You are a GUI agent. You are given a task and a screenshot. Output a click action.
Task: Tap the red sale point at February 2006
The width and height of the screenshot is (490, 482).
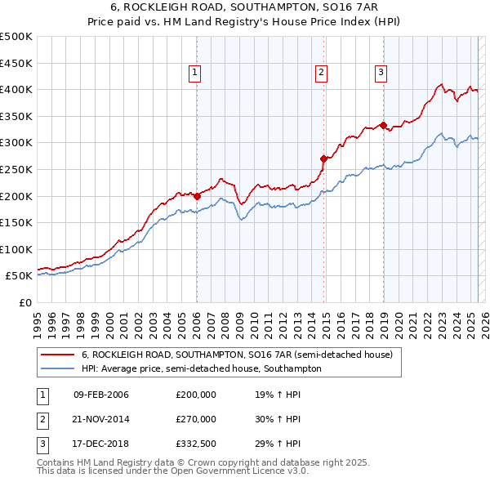197,196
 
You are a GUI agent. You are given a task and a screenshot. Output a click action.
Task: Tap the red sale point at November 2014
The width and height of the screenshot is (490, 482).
324,158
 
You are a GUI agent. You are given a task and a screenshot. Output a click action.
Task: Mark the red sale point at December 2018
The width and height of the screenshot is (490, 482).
383,125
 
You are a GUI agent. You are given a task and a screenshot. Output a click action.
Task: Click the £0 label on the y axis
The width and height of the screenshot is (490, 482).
24,302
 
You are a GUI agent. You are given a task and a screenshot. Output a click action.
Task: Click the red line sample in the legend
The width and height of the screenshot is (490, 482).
58,355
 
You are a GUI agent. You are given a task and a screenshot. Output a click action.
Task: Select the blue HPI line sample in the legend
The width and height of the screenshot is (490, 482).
58,368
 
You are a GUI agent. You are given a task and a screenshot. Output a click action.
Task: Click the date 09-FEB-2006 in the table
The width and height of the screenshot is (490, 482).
101,395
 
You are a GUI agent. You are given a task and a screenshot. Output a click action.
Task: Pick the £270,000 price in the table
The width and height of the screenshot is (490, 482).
196,419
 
